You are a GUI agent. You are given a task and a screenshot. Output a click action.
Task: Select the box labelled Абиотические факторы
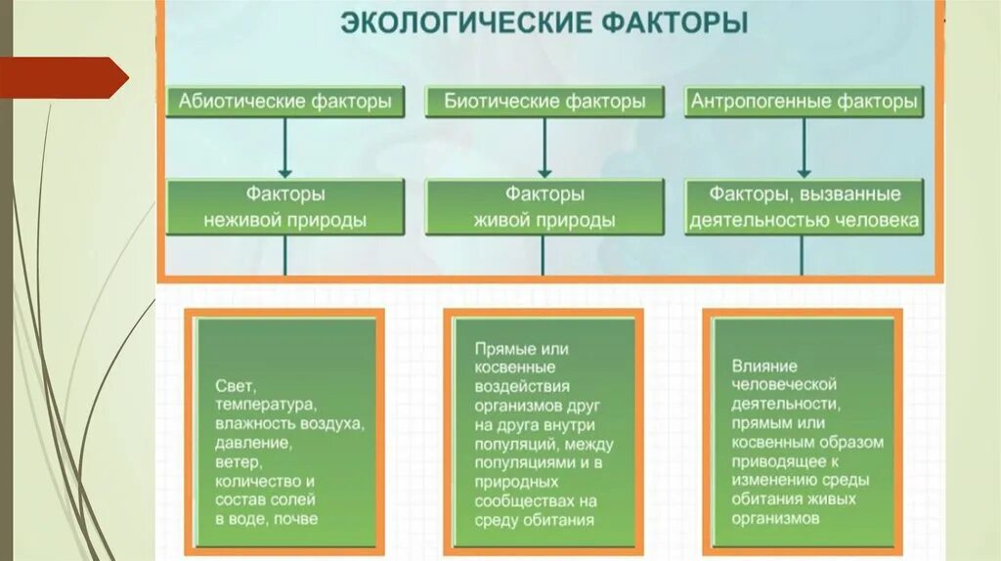(x=284, y=102)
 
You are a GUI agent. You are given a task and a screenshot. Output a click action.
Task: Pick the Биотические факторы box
(x=544, y=102)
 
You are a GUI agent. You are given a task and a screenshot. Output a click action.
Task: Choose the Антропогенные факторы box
(x=804, y=102)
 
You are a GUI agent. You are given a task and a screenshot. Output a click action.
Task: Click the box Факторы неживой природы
(x=284, y=207)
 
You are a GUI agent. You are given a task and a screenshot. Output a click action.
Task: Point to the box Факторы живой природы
(x=544, y=207)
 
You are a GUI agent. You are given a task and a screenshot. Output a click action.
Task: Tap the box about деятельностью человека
(x=804, y=207)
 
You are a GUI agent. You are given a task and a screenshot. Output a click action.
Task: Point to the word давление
(x=254, y=443)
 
